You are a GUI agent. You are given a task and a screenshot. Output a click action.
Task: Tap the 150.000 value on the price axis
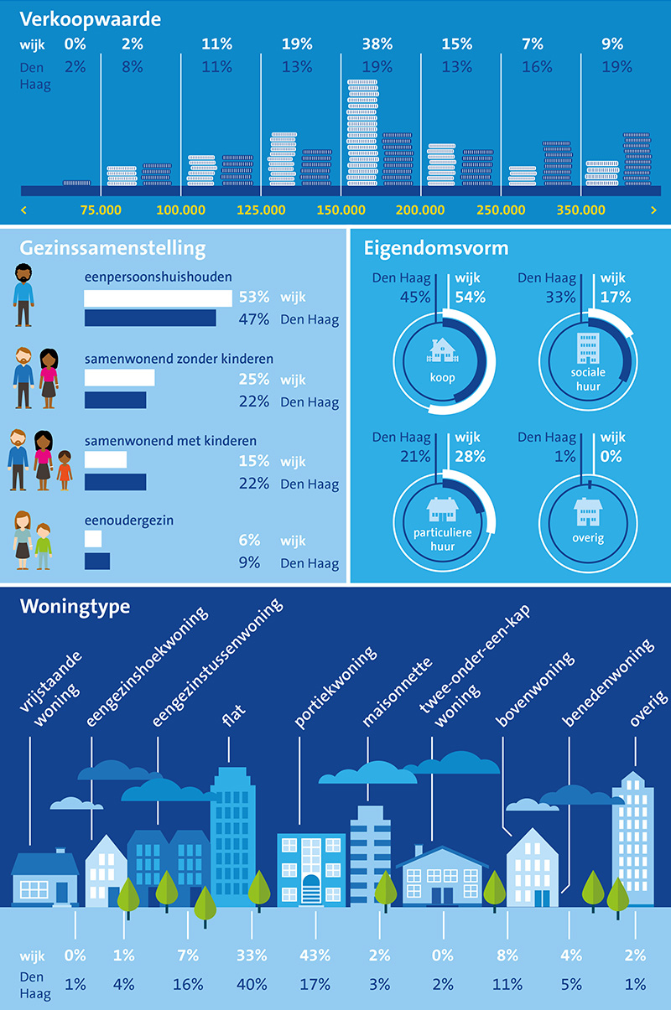[x=342, y=210]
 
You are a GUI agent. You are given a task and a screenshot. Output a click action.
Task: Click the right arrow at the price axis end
[x=653, y=210]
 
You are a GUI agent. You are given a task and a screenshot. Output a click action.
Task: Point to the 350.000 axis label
[x=582, y=210]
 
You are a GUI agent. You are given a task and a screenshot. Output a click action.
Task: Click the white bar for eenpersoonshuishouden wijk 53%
[x=158, y=298]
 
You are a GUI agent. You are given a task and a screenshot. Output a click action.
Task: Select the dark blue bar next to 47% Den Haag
[x=150, y=319]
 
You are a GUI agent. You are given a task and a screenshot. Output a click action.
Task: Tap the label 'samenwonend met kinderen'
[x=170, y=441]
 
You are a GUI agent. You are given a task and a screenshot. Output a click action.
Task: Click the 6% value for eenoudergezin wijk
[x=249, y=541]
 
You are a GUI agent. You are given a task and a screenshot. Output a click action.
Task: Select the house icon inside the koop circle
[x=442, y=349]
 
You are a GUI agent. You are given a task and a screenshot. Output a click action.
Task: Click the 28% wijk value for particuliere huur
[x=470, y=456]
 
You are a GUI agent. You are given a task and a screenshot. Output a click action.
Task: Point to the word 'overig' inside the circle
[x=586, y=538]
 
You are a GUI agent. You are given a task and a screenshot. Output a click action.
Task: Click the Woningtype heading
[x=75, y=605]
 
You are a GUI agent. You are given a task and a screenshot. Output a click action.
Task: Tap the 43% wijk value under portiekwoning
[x=316, y=955]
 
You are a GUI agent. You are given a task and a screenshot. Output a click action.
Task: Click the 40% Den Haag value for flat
[x=252, y=984]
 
